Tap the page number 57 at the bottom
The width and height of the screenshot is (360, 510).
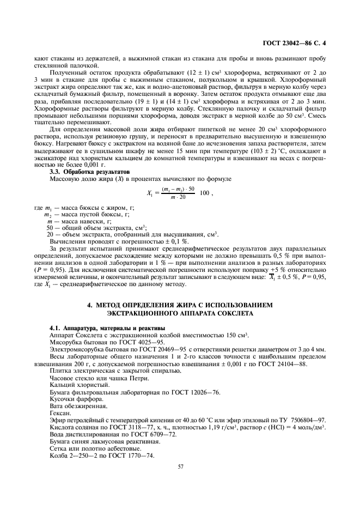pos(180,465)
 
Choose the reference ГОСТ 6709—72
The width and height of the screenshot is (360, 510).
pos(149,435)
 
